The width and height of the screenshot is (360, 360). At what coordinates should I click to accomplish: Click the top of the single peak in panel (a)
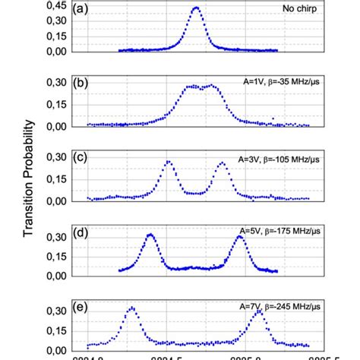pyautogui.click(x=196, y=8)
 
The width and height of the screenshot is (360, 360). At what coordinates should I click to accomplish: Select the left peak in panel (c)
pyautogui.click(x=169, y=162)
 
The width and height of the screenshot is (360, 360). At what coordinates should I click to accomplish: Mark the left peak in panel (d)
pyautogui.click(x=150, y=235)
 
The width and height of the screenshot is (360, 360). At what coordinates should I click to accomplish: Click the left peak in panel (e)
pyautogui.click(x=132, y=308)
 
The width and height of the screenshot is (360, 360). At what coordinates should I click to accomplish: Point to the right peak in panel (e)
pyautogui.click(x=258, y=311)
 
